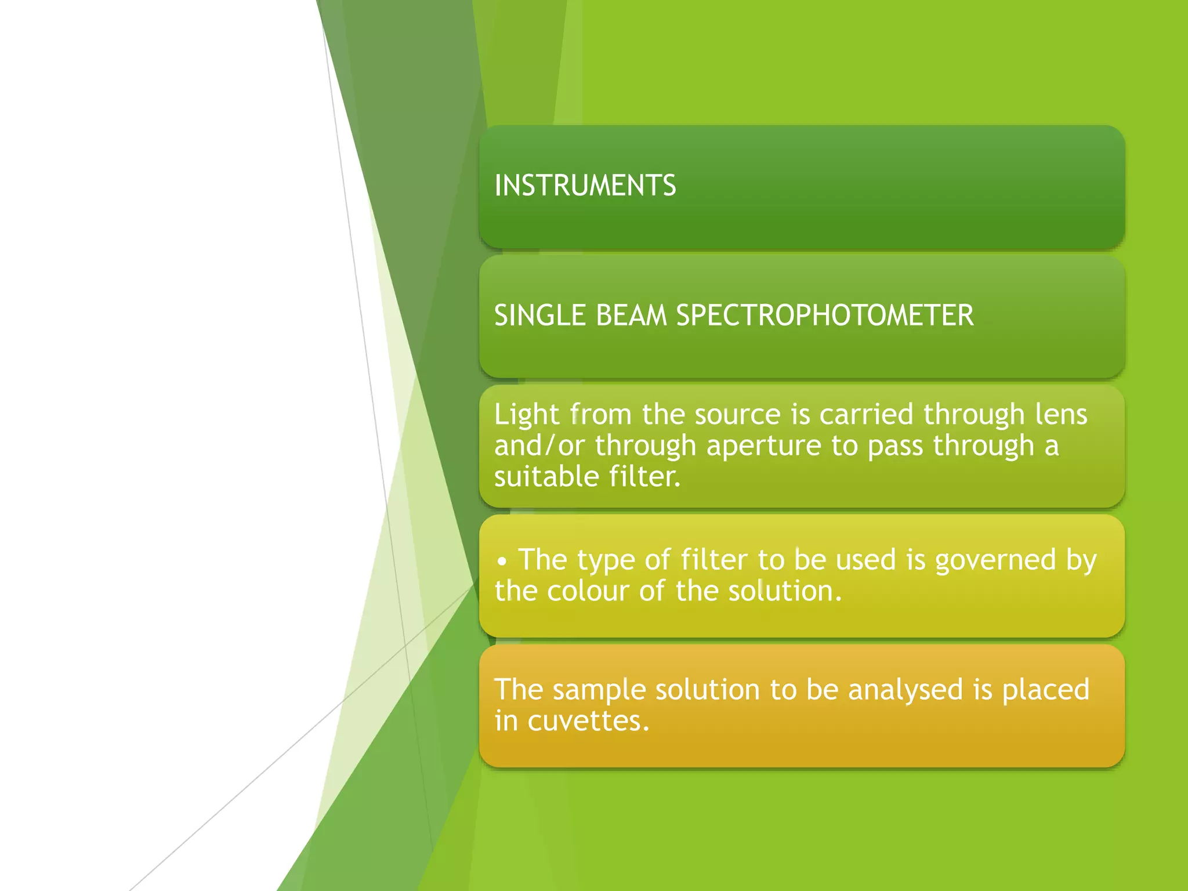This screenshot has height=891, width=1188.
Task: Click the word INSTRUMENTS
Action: pos(585,186)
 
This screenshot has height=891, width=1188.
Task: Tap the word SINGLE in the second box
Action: pos(539,316)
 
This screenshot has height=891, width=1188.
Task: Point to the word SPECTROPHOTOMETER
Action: pos(825,316)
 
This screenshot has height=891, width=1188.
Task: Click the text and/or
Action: pos(539,446)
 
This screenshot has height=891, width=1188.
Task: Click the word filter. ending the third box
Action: pos(644,477)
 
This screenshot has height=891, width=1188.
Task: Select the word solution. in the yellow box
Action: pos(784,592)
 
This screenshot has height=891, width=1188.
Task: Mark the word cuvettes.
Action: pos(588,722)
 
